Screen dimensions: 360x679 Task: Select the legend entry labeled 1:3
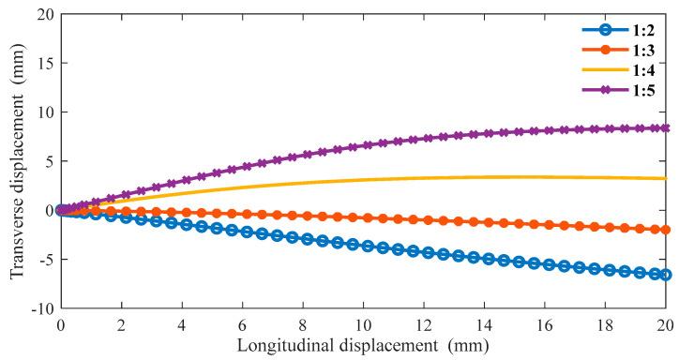pyautogui.click(x=637, y=48)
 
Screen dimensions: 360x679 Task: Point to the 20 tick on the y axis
pyautogui.click(x=42, y=15)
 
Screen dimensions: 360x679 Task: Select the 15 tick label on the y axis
pyautogui.click(x=42, y=64)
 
